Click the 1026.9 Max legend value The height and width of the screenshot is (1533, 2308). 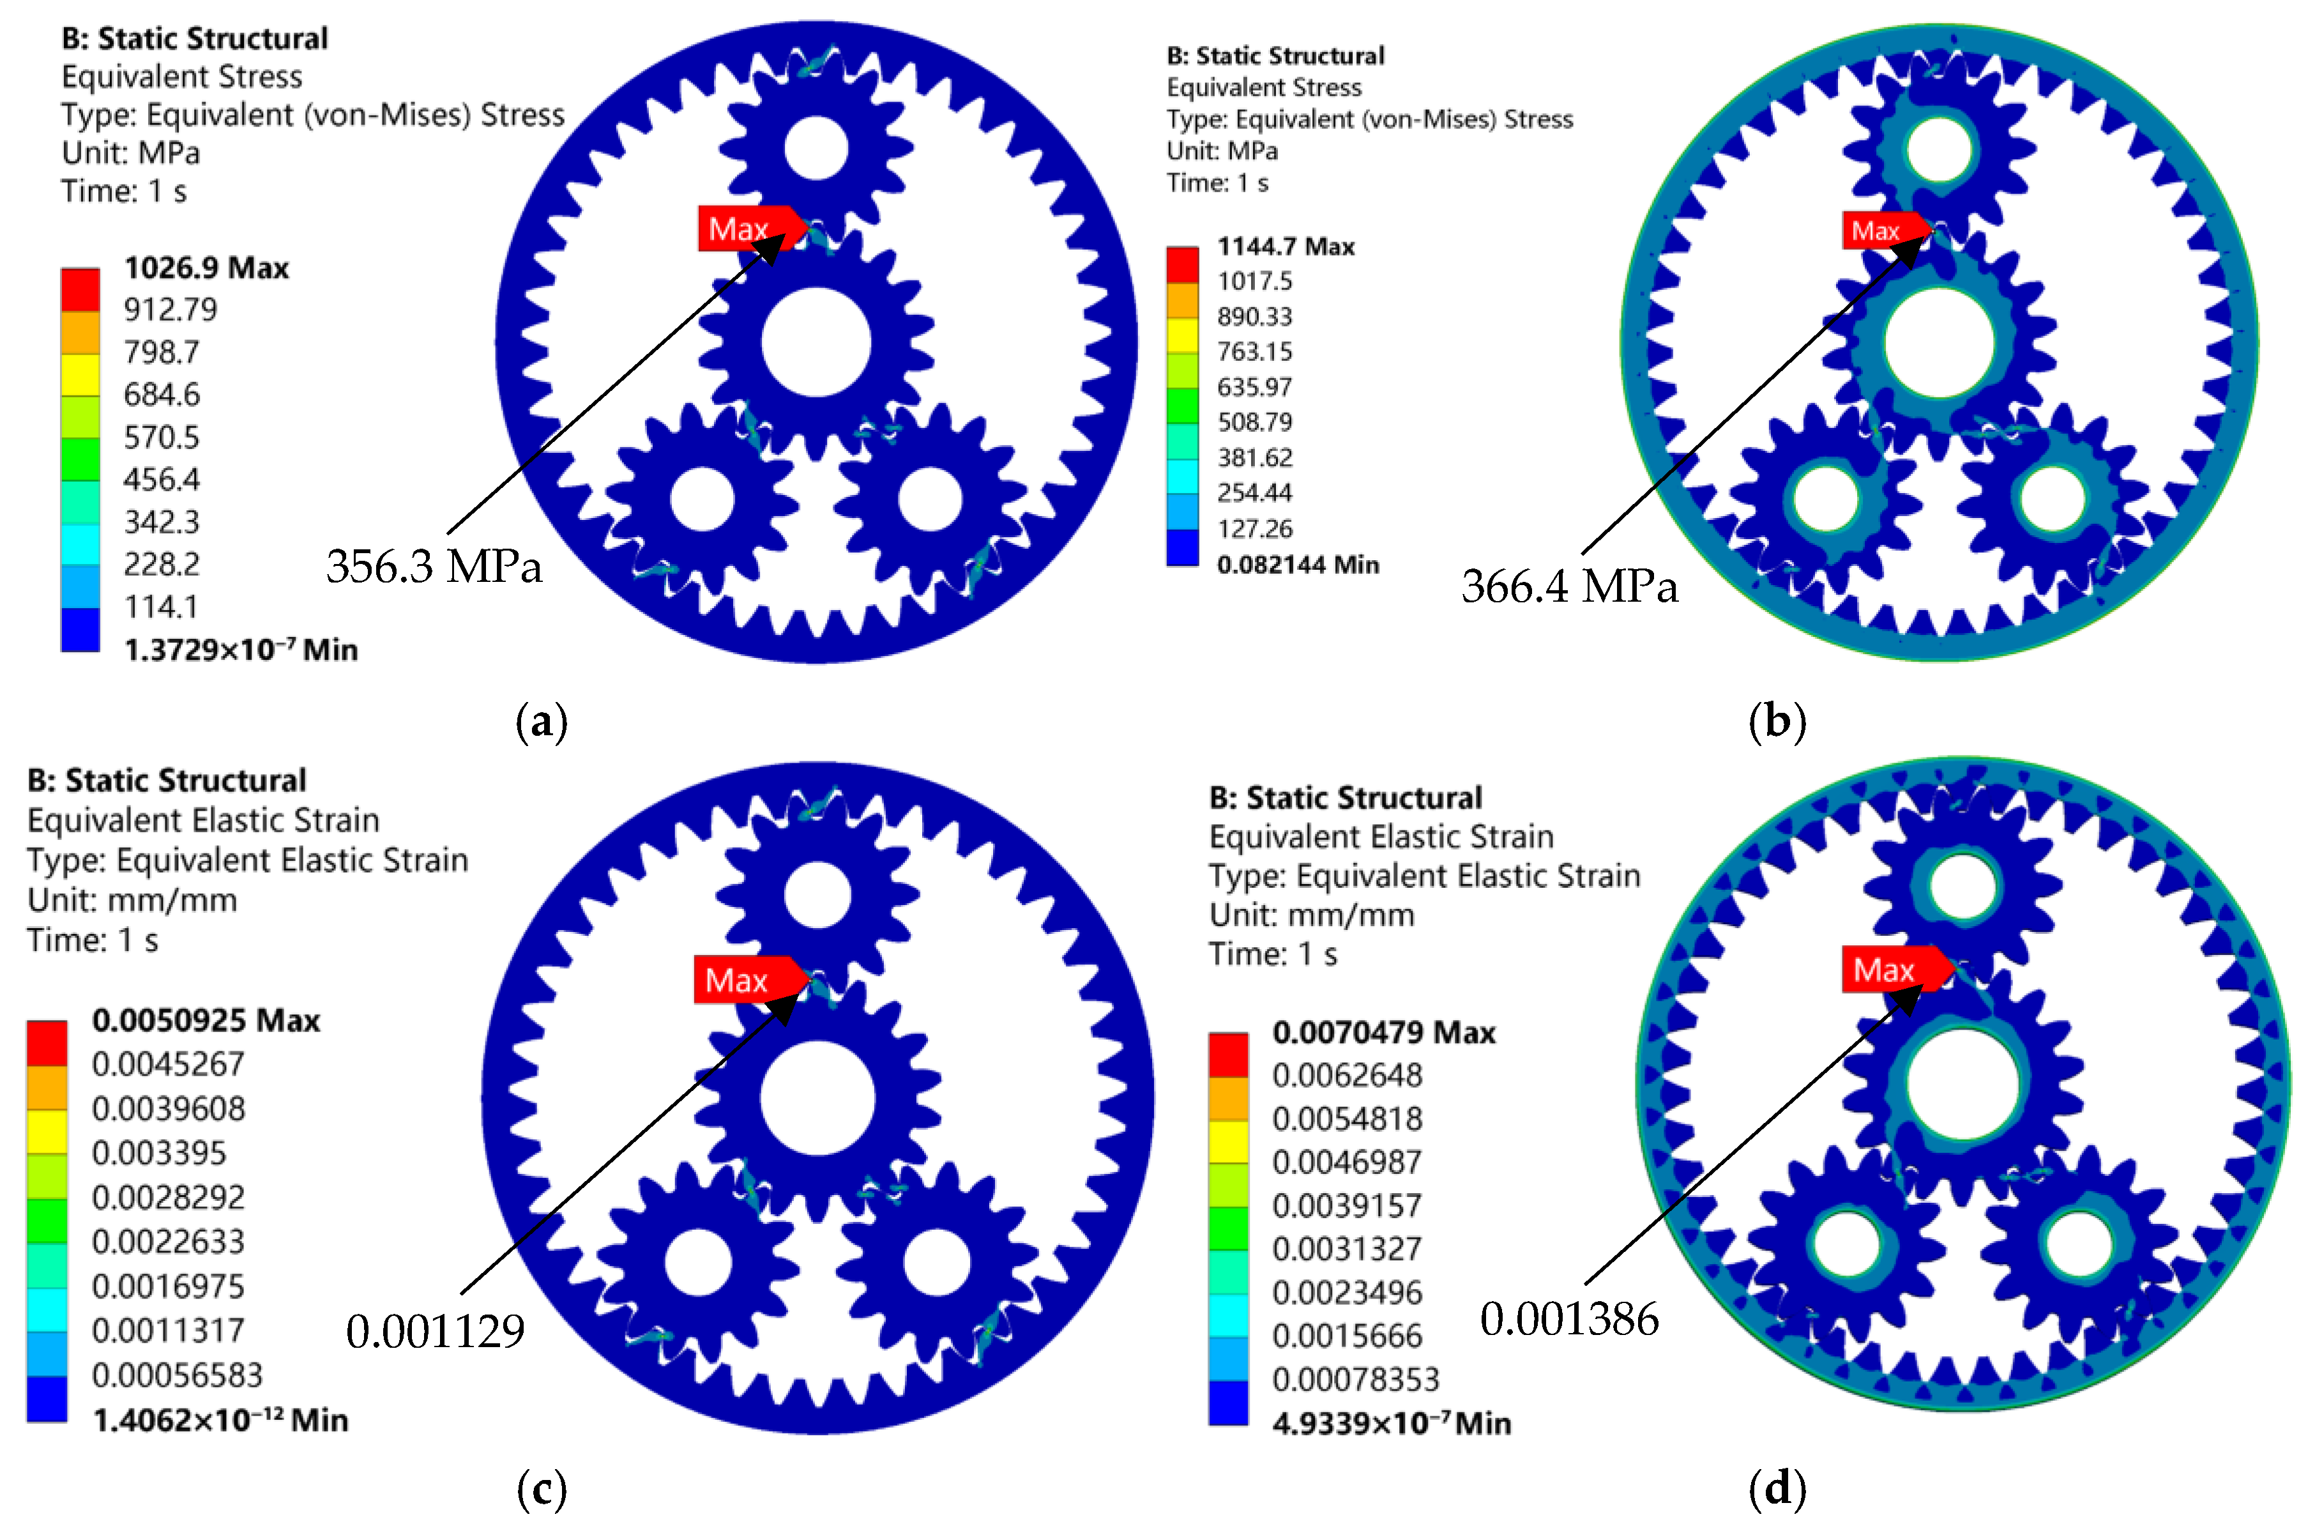206,268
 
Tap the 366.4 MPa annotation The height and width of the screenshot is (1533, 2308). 1569,586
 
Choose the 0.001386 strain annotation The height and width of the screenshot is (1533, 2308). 1569,1319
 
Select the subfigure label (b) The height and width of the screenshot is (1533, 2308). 1777,722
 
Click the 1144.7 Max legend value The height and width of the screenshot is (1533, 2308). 1286,247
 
